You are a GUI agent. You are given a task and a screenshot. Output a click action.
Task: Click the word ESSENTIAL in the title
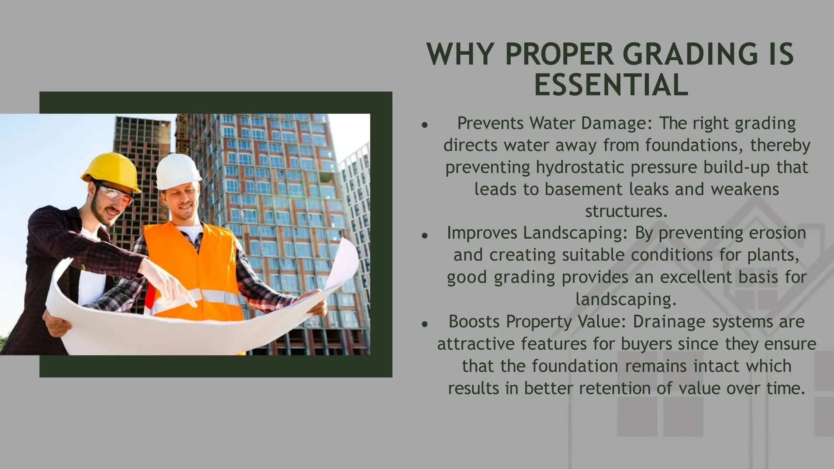pyautogui.click(x=611, y=85)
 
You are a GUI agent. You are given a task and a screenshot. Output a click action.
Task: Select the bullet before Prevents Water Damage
pyautogui.click(x=424, y=125)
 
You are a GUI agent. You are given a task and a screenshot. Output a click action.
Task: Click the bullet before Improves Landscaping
pyautogui.click(x=424, y=235)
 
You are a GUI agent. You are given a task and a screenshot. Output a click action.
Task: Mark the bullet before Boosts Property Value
pyautogui.click(x=424, y=324)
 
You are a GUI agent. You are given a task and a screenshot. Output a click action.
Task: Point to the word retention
pyautogui.click(x=615, y=388)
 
